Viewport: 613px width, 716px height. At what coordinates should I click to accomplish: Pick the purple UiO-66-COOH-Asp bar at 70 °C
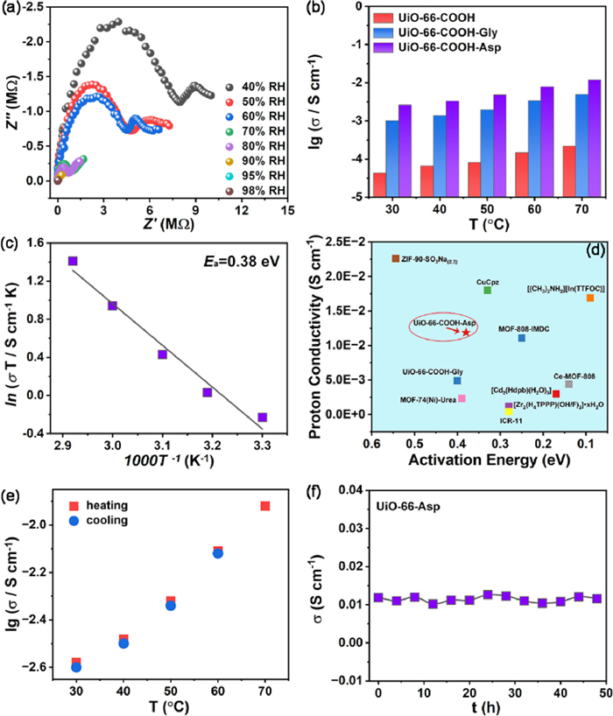pyautogui.click(x=594, y=138)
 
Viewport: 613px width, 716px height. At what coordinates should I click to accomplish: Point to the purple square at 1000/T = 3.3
pyautogui.click(x=262, y=418)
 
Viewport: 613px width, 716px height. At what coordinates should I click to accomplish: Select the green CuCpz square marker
pyautogui.click(x=487, y=290)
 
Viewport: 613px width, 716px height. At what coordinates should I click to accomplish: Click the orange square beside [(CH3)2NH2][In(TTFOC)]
pyautogui.click(x=590, y=298)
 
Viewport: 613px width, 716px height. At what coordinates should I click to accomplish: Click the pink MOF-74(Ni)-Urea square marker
pyautogui.click(x=462, y=398)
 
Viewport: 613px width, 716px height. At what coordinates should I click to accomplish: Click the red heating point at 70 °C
pyautogui.click(x=264, y=506)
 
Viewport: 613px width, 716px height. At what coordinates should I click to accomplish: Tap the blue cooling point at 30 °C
pyautogui.click(x=76, y=667)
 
